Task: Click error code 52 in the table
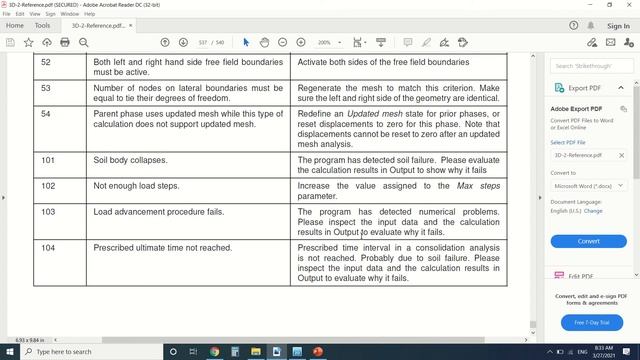pos(46,62)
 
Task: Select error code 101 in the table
pos(48,160)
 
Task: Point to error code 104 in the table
pos(48,247)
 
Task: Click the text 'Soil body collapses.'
pos(130,160)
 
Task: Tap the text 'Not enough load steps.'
pos(135,186)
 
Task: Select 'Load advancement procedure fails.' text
pos(158,212)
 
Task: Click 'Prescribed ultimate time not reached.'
pos(162,247)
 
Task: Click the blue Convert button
pos(588,241)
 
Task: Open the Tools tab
pos(42,26)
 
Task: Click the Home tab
pos(15,26)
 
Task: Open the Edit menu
pos(20,14)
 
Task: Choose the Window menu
pos(69,14)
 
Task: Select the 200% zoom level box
pos(327,43)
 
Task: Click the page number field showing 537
pos(204,43)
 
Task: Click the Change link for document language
pos(593,211)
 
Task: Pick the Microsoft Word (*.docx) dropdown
pos(588,186)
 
